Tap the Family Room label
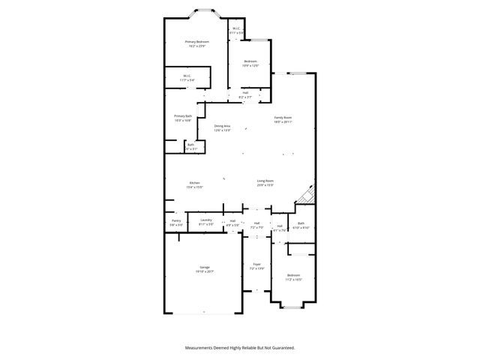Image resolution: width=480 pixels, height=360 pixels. [x=283, y=118]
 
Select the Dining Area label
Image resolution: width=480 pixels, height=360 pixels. [x=222, y=126]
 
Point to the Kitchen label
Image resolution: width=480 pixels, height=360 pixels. [x=194, y=183]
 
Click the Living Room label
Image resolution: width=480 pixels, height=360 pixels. [x=265, y=181]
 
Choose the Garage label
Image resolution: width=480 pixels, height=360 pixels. [x=204, y=267]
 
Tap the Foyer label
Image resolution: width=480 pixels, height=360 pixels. [x=256, y=264]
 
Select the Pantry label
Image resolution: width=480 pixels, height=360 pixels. [x=175, y=220]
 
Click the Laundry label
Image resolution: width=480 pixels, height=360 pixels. [x=206, y=220]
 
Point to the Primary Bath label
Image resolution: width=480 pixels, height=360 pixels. [x=183, y=116]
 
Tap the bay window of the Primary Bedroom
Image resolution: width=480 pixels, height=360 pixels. [x=203, y=13]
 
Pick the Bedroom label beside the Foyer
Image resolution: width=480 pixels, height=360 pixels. [x=292, y=275]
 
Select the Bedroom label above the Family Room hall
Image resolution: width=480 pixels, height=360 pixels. [x=250, y=61]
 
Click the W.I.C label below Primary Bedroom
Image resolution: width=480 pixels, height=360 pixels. [x=186, y=76]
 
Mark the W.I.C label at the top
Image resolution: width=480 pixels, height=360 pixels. [x=235, y=29]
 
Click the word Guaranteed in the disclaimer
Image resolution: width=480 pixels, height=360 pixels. [x=281, y=347]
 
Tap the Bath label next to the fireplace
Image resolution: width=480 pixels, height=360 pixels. [x=301, y=223]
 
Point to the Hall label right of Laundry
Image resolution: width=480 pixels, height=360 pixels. [x=233, y=220]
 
